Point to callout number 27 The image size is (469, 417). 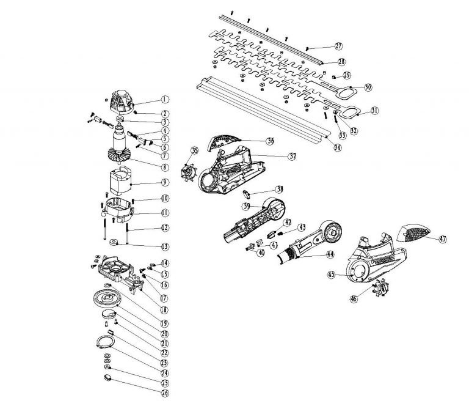(x=339, y=46)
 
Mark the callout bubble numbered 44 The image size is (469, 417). (x=330, y=253)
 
